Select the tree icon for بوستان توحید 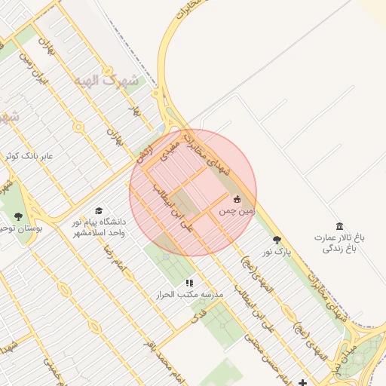click(18, 216)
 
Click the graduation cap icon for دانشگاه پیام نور click(98, 211)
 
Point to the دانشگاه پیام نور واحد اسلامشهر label click(97, 228)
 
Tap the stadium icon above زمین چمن click(237, 199)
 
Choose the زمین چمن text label click(237, 213)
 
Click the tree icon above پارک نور click(277, 239)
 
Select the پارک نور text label click(276, 251)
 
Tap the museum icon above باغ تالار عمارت click(339, 226)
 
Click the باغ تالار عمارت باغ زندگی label click(340, 243)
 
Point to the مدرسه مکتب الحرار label click(189, 294)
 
